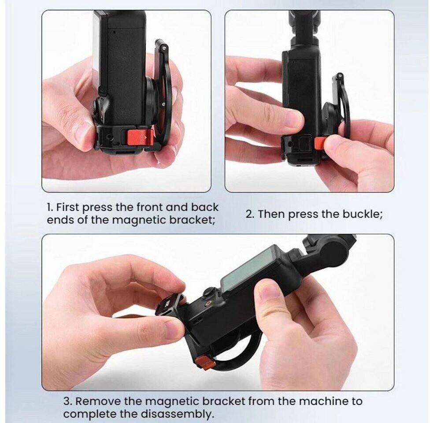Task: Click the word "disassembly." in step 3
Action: pyautogui.click(x=178, y=414)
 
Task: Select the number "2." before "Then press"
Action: pyautogui.click(x=250, y=214)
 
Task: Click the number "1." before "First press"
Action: pyautogui.click(x=50, y=208)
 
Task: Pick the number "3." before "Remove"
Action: pyautogui.click(x=68, y=401)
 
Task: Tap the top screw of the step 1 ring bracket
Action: pyautogui.click(x=164, y=48)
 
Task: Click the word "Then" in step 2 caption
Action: pyautogui.click(x=271, y=214)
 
